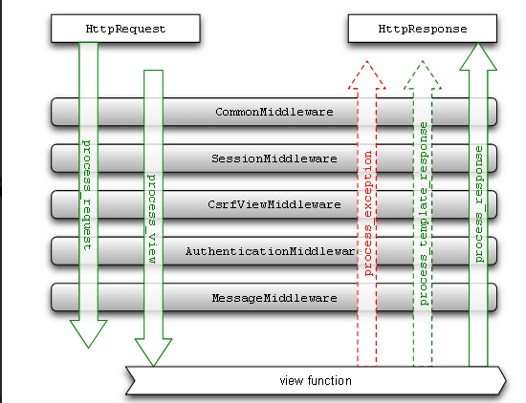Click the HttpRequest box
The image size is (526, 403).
click(x=125, y=29)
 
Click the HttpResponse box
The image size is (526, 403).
click(x=423, y=29)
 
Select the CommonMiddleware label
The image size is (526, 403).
click(x=274, y=112)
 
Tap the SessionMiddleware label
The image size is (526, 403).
click(x=274, y=159)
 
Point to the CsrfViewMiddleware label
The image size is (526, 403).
click(x=274, y=204)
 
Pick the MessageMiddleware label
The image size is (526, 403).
click(x=274, y=298)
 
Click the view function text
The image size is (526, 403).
click(x=316, y=380)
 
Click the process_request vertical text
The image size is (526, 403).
click(x=87, y=195)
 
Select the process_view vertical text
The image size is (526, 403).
click(x=152, y=219)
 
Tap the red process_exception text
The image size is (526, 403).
click(x=368, y=213)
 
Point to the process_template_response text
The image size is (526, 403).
click(x=425, y=213)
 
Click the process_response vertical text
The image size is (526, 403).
click(x=479, y=204)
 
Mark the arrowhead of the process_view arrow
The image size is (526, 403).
click(x=153, y=352)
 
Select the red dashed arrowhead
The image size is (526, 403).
click(x=367, y=75)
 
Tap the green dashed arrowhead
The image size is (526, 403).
click(x=423, y=75)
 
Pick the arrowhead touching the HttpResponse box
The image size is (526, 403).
click(x=478, y=56)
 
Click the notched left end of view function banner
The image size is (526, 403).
click(x=134, y=380)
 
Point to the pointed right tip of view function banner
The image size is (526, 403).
click(x=506, y=380)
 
